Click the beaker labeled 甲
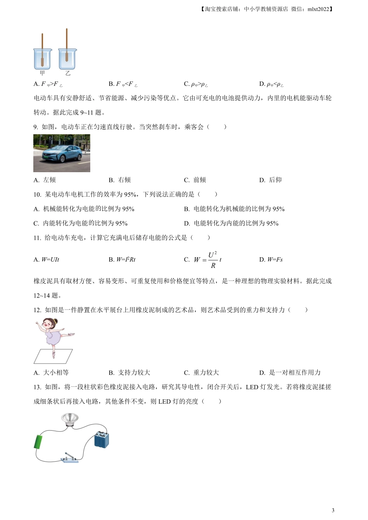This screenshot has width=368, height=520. coord(42,59)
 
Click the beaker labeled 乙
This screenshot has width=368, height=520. coord(67,59)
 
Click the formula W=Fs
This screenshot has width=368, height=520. coord(275,260)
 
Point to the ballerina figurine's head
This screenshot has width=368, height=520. coord(49,324)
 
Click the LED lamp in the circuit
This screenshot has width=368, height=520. coord(70,419)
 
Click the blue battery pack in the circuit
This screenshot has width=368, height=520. coord(101,440)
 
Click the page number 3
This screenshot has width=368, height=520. coord(333,510)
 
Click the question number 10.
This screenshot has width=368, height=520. coord(37,195)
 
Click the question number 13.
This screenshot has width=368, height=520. coord(37,387)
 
